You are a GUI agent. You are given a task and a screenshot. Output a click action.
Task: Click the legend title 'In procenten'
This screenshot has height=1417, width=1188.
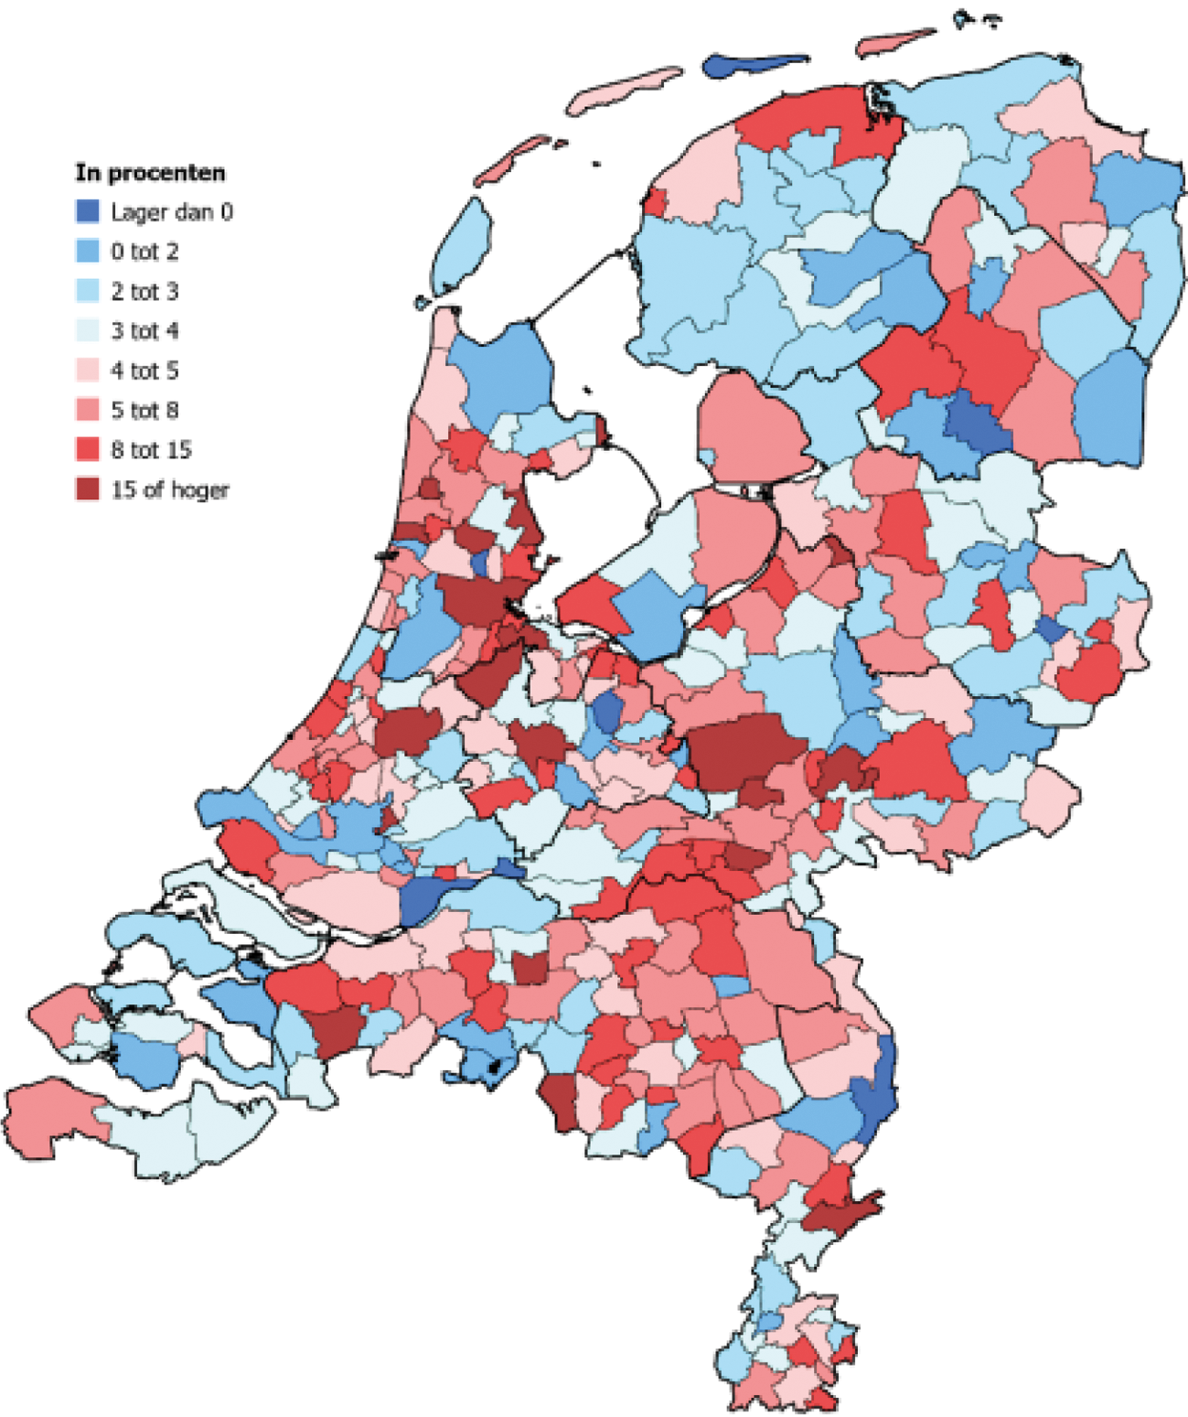tap(150, 173)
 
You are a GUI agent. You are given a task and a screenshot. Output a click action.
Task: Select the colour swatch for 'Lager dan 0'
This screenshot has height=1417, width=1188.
tap(87, 212)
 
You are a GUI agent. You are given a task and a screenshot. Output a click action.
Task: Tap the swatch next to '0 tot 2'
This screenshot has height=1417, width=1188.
tap(87, 252)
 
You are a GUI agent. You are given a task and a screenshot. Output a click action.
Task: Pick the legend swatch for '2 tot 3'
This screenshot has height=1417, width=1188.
tap(87, 291)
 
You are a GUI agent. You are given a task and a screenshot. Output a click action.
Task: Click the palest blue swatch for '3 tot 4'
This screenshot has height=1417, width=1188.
tap(87, 331)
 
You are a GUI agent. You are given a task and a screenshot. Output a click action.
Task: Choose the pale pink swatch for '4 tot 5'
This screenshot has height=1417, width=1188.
tap(87, 370)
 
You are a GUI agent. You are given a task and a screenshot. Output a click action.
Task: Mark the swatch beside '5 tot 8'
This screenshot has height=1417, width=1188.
tap(87, 410)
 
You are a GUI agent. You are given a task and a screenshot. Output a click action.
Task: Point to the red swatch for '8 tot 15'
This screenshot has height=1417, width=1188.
tap(87, 450)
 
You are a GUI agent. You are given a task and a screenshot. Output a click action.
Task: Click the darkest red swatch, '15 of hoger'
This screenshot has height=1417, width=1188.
tap(87, 489)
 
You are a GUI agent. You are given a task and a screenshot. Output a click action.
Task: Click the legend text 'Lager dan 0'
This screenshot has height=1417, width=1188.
tap(172, 212)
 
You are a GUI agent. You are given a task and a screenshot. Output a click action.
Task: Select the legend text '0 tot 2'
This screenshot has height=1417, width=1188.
tap(144, 252)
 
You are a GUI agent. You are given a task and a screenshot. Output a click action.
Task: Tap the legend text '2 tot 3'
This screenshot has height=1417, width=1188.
tap(144, 291)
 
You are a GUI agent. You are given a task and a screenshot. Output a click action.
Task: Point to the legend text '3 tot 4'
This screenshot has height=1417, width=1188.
tap(144, 331)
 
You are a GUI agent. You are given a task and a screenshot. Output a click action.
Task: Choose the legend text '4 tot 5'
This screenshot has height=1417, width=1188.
tap(144, 370)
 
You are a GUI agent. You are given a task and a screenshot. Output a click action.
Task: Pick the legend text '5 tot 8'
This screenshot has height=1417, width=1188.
tap(144, 410)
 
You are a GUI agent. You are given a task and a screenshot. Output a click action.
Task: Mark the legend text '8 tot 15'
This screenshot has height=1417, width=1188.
tap(151, 450)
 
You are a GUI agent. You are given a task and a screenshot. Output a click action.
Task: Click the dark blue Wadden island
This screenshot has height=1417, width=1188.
tap(745, 66)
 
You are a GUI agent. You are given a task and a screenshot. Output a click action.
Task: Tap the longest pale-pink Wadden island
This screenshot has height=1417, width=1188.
tap(622, 90)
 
